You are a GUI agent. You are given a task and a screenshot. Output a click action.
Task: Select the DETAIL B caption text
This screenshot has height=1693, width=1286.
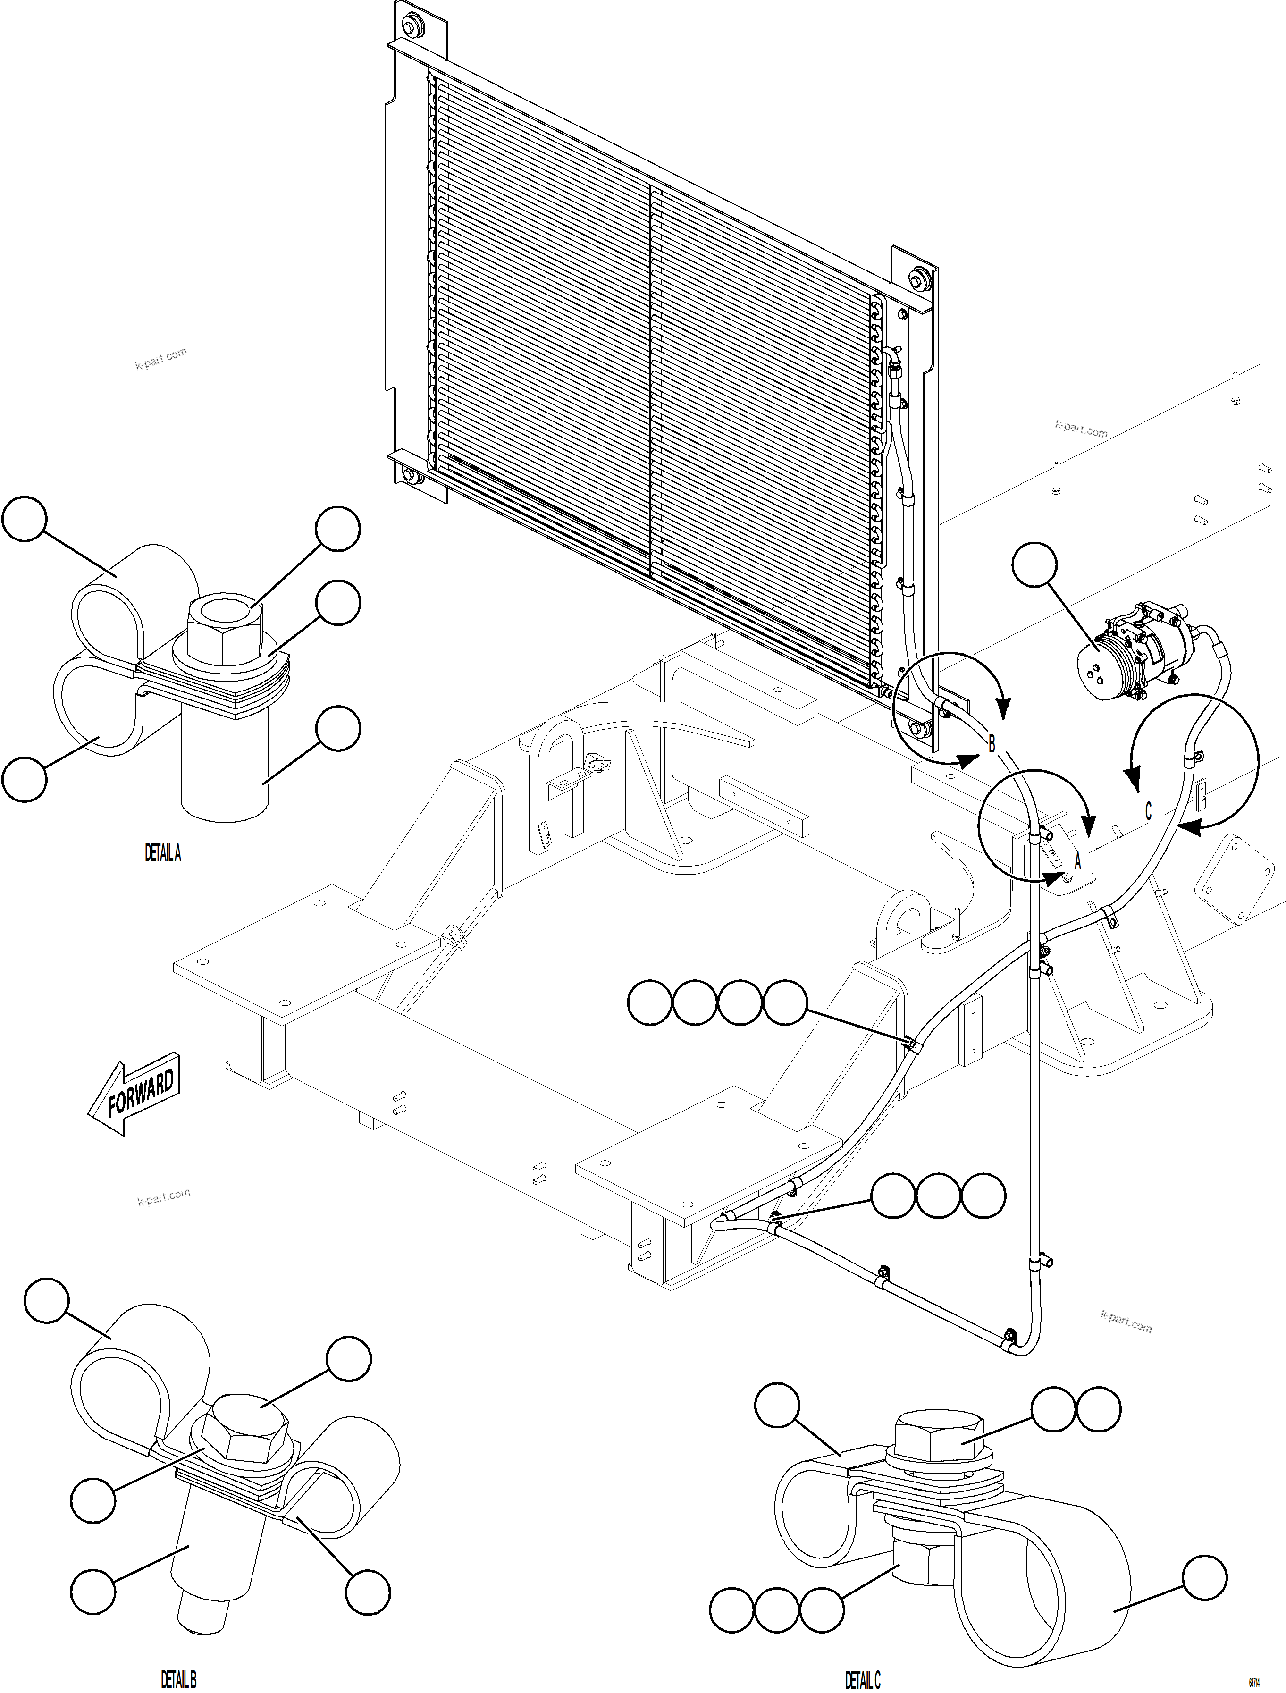(x=178, y=1679)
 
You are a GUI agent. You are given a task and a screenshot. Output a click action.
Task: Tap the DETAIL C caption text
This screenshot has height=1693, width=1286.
(x=863, y=1679)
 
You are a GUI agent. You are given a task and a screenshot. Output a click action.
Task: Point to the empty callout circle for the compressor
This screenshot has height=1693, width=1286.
(x=1034, y=565)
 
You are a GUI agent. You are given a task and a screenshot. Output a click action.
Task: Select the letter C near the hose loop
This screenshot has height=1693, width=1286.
(x=1148, y=810)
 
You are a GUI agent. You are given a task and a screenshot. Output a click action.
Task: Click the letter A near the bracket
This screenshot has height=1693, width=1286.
(x=1078, y=860)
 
